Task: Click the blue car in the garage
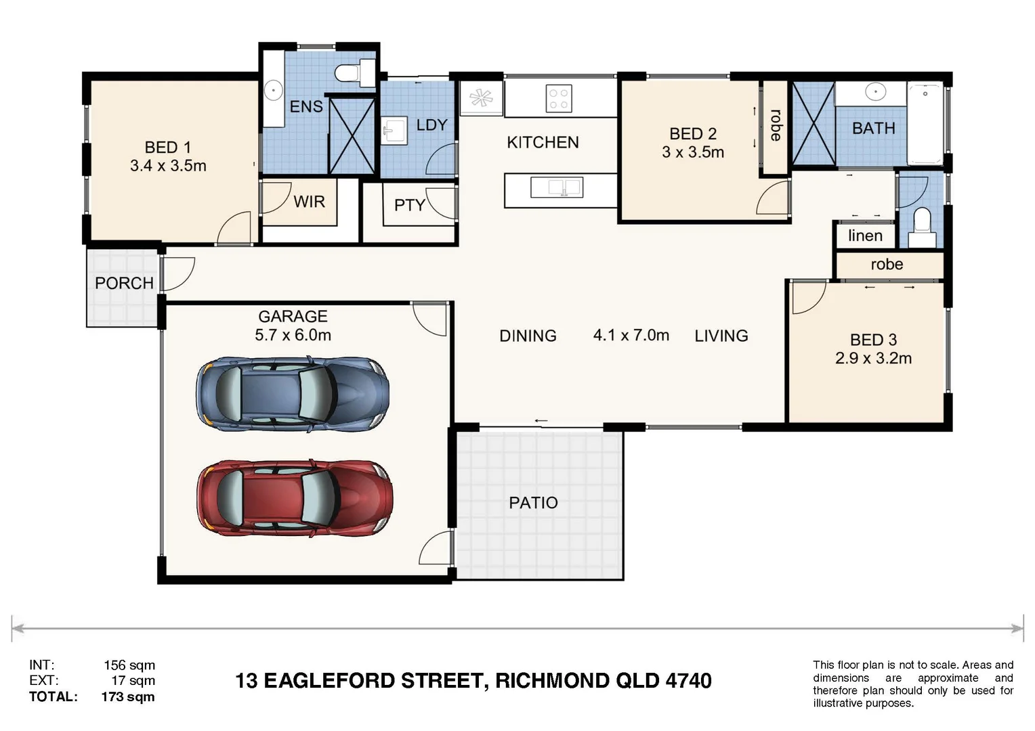[293, 394]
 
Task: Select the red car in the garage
[294, 498]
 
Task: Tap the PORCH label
[124, 283]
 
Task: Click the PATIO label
[533, 503]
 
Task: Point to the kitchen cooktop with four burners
[559, 98]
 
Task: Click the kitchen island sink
[556, 187]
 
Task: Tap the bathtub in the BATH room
[925, 123]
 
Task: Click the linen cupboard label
[865, 236]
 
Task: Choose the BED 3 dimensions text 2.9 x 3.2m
[873, 358]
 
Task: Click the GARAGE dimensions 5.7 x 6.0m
[293, 335]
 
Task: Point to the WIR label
[309, 202]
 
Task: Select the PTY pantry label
[409, 205]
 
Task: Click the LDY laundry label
[431, 125]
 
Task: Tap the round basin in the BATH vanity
[875, 91]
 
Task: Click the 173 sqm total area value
[128, 696]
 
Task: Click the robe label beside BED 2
[776, 125]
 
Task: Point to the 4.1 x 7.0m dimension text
[631, 335]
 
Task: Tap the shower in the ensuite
[352, 135]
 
